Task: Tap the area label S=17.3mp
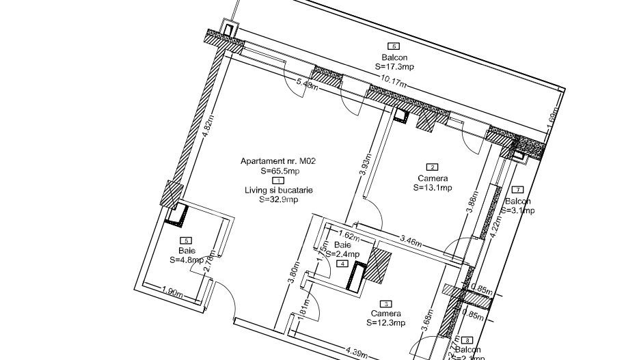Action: click(x=394, y=68)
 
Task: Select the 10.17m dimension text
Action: click(x=394, y=81)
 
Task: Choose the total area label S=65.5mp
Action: click(x=280, y=171)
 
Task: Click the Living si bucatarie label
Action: click(x=280, y=191)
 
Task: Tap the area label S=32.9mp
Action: click(x=280, y=200)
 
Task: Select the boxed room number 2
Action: click(x=432, y=167)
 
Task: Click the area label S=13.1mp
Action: click(x=432, y=188)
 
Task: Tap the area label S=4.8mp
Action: click(x=187, y=260)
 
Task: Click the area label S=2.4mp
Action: click(x=342, y=254)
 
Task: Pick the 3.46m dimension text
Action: click(x=412, y=241)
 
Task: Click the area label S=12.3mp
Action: click(x=386, y=322)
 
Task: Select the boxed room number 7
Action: click(x=517, y=190)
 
